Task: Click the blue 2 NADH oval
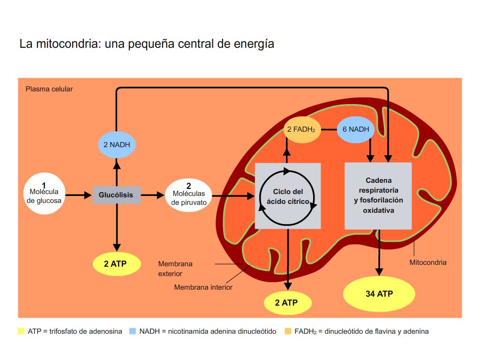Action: (x=117, y=144)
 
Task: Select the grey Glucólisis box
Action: (x=116, y=195)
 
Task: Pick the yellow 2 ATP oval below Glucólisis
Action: (x=117, y=264)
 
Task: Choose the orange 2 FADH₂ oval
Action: (x=302, y=129)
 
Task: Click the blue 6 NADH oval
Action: (x=356, y=129)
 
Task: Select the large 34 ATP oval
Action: (x=379, y=294)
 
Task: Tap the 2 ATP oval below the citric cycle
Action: (x=287, y=302)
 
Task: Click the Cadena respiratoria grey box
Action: (x=378, y=195)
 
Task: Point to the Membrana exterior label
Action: (x=175, y=269)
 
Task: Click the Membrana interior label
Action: (x=203, y=287)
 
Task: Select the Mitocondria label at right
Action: (x=427, y=262)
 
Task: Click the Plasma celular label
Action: (x=49, y=89)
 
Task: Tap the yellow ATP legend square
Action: (x=21, y=331)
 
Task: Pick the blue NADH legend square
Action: (x=132, y=331)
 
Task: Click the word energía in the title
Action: (x=255, y=44)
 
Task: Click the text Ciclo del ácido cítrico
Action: (x=288, y=196)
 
